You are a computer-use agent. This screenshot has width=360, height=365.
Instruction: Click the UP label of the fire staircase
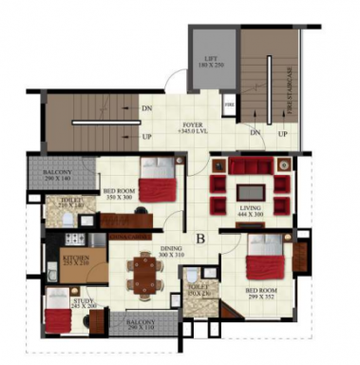(282, 133)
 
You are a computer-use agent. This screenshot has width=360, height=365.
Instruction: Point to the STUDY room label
(83, 303)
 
